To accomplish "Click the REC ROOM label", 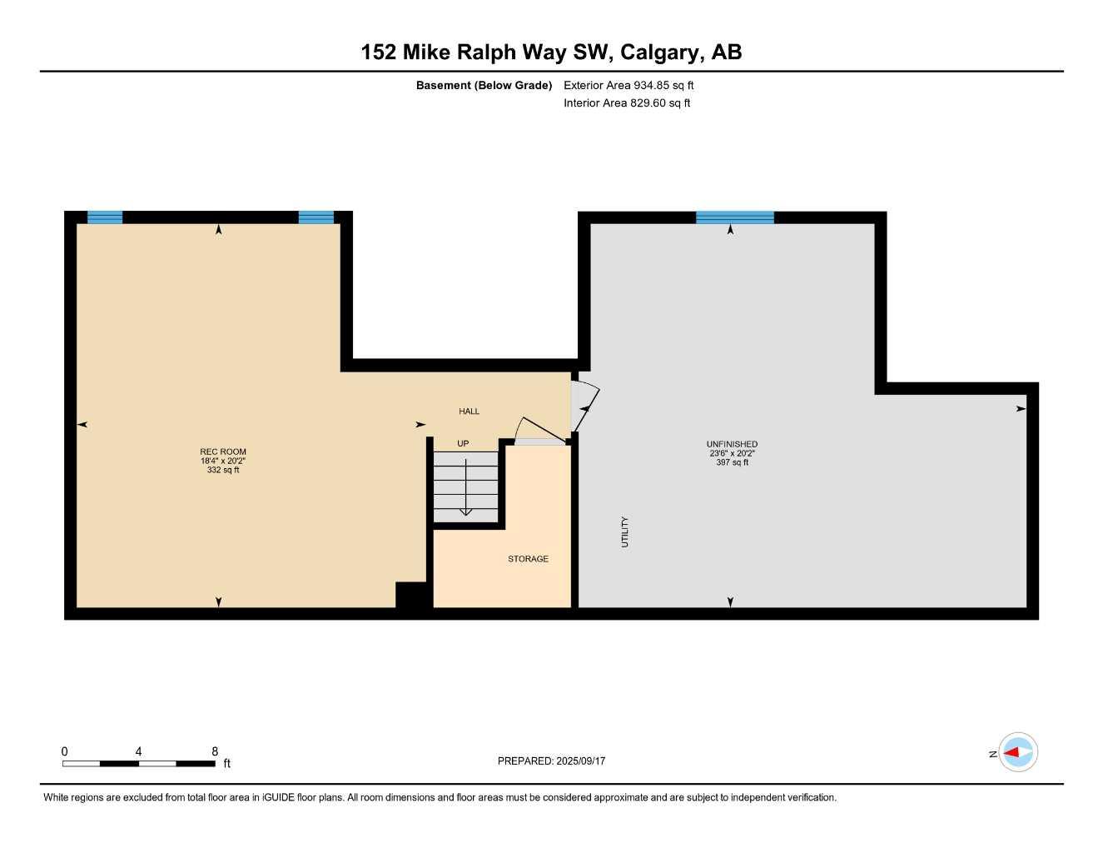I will (x=223, y=451).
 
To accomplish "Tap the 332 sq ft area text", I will (x=223, y=470).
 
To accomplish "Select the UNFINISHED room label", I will (x=732, y=444).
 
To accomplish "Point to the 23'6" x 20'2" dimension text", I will (x=732, y=453).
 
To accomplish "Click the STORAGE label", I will (x=528, y=559).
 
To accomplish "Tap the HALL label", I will (x=469, y=412).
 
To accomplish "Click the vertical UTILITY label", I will (x=624, y=532).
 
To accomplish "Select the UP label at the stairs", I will (x=463, y=443).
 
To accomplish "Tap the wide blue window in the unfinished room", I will (x=734, y=217).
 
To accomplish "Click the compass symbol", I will (x=1017, y=752).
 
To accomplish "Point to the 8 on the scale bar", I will (x=215, y=751).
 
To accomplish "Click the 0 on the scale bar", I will (x=65, y=751).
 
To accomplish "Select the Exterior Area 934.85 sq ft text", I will (x=629, y=85).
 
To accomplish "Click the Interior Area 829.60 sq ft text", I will (x=627, y=103).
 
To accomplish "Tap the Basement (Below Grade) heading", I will (x=484, y=85).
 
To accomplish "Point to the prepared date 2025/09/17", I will (x=581, y=761).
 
